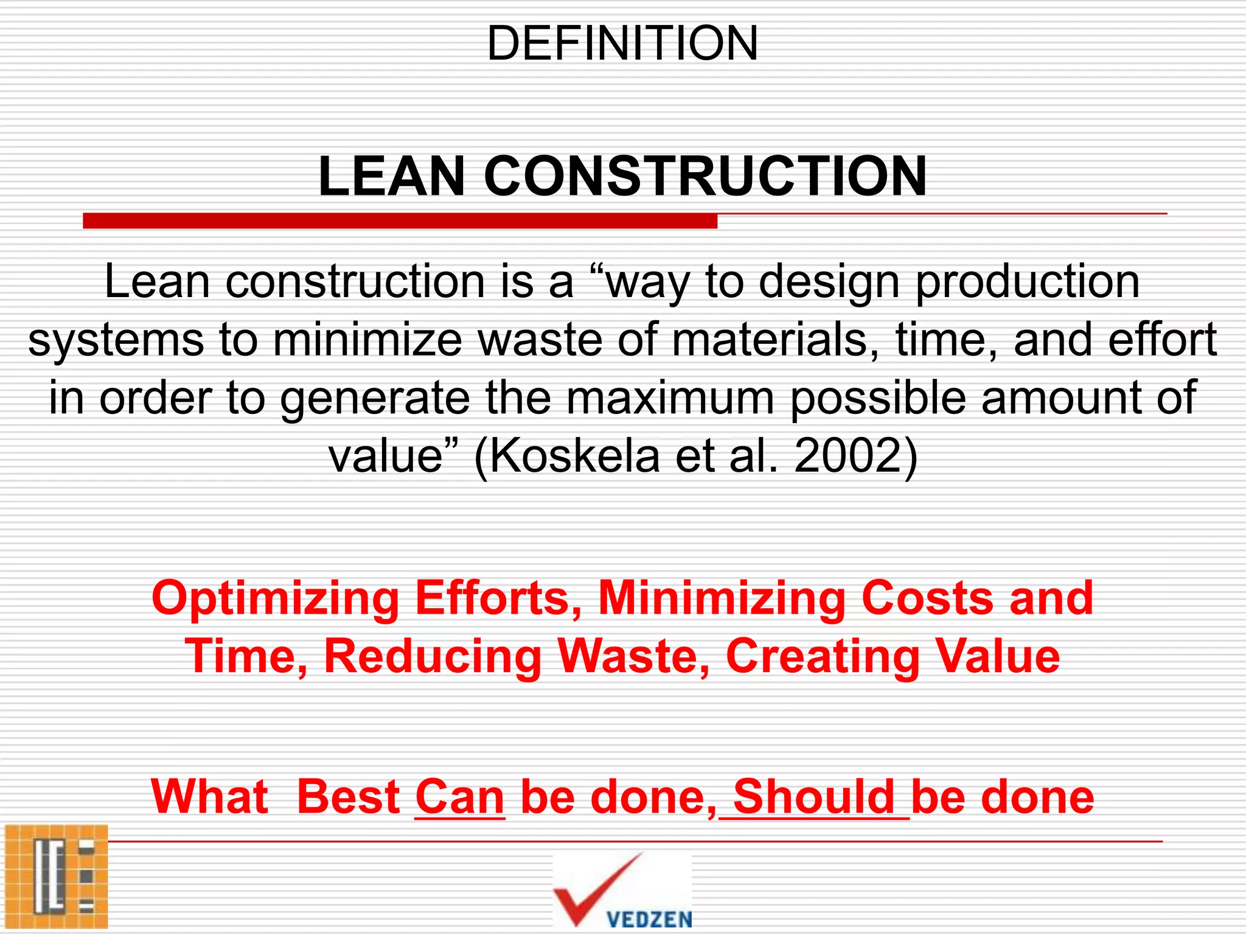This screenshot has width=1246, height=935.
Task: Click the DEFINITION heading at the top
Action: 622,44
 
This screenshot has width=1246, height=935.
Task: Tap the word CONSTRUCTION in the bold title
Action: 705,177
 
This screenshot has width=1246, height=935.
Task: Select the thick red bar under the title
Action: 400,221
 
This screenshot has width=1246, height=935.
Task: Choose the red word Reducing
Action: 433,656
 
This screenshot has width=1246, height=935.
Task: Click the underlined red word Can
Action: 459,797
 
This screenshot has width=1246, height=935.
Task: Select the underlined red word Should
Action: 814,797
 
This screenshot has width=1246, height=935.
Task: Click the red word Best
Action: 348,797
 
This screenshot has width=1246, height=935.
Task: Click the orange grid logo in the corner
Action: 56,877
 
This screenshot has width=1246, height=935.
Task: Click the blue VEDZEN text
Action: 649,919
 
